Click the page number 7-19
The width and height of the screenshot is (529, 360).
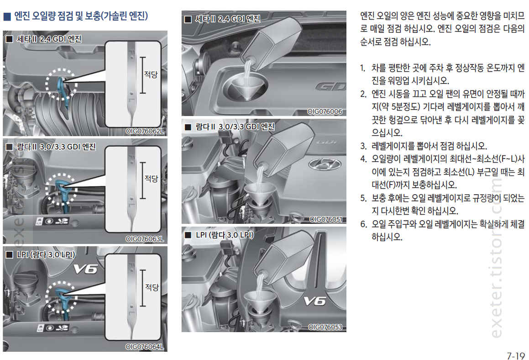coord(515,355)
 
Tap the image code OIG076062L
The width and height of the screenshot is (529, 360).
coord(145,131)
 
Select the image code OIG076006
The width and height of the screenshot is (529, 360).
coord(325,111)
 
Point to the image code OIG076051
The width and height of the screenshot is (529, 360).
coord(326,219)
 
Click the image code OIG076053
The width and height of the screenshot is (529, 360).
coord(325,327)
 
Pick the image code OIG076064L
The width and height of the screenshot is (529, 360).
coord(145,347)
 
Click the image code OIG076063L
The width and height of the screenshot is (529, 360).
coord(145,239)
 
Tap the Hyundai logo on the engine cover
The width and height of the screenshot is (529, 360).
coord(324,164)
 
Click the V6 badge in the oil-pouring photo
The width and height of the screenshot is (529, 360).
coord(314,301)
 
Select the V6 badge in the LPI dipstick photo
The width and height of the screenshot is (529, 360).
coord(86,269)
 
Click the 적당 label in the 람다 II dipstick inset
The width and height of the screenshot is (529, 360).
coord(151,178)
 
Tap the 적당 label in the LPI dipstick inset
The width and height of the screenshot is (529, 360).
coord(152,287)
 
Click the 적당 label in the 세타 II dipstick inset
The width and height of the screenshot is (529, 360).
coord(151,74)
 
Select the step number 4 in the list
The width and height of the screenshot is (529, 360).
coord(363,159)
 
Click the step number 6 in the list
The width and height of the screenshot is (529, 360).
coord(363,224)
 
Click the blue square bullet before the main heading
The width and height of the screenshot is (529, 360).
coord(7,16)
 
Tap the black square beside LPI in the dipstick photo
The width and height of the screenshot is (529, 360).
coord(10,254)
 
